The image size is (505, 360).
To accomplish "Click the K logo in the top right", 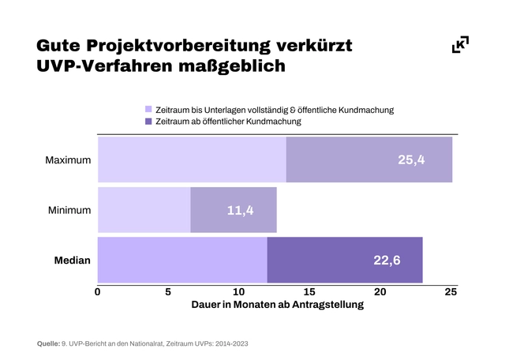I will point(460,45).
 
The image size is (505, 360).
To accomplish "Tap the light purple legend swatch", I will point(148,110).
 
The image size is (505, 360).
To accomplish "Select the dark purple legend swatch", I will point(148,122).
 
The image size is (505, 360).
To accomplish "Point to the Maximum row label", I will point(68,160).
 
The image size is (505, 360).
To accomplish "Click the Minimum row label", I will point(69,210).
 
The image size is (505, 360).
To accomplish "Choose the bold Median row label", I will point(73,260).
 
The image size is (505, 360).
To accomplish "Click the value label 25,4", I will point(411,160).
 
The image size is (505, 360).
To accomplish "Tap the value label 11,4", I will point(241,210).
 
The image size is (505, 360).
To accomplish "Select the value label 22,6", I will point(387,260).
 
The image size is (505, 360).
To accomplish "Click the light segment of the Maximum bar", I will point(192,160).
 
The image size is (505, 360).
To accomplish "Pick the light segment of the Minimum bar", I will point(144,210).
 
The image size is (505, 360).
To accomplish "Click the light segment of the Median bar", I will point(182,260).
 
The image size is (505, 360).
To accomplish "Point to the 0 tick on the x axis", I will point(98,292).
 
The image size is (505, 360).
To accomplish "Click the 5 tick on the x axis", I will point(168,292).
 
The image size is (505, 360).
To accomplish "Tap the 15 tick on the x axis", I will point(309,292).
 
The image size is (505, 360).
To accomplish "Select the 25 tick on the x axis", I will point(451,292).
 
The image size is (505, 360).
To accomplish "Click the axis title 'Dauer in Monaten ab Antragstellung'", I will point(277,306).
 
